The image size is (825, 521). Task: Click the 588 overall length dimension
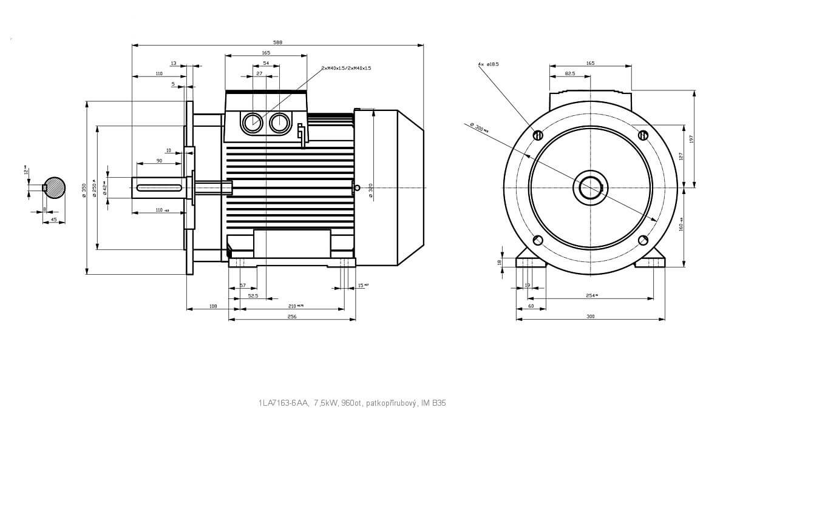(277, 42)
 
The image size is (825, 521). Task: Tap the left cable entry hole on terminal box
(252, 123)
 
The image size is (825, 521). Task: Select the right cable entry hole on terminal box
(279, 123)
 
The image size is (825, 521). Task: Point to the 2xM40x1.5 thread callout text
(346, 68)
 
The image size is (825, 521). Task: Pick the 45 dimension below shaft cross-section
(53, 219)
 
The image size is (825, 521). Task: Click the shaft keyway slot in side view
(159, 187)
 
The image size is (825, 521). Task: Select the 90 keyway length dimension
(159, 161)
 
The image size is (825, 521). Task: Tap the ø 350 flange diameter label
(84, 188)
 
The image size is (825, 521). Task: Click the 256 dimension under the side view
(292, 317)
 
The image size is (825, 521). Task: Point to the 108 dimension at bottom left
(213, 306)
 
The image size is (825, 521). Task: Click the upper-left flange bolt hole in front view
(538, 135)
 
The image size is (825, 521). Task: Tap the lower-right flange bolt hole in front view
(643, 240)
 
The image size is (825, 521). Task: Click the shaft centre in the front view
(590, 187)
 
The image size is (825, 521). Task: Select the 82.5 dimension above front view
(570, 73)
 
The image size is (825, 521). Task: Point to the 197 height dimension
(691, 139)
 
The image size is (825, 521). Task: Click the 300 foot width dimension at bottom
(591, 317)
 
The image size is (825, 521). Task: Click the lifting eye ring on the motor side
(357, 187)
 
